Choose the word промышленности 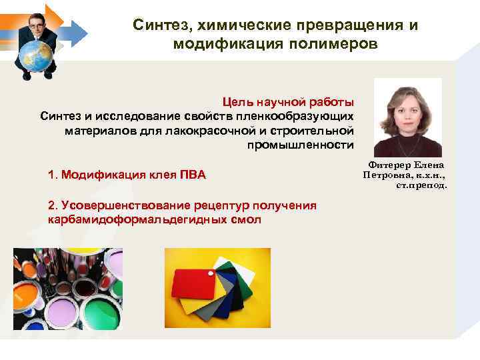300,145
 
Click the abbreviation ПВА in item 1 193,175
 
